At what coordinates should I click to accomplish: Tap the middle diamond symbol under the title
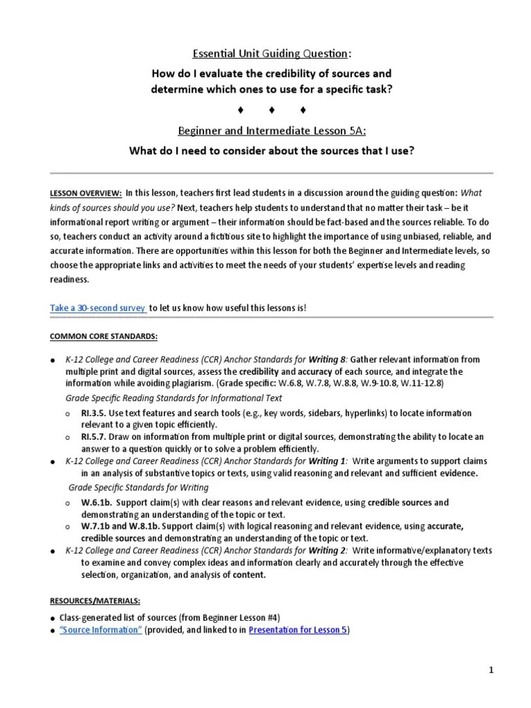(272, 110)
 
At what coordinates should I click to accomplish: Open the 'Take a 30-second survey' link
(97, 308)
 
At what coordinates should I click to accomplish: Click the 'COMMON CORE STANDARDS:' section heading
(103, 336)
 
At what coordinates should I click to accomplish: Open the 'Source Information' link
(101, 630)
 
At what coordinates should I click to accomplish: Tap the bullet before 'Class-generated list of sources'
(53, 617)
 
